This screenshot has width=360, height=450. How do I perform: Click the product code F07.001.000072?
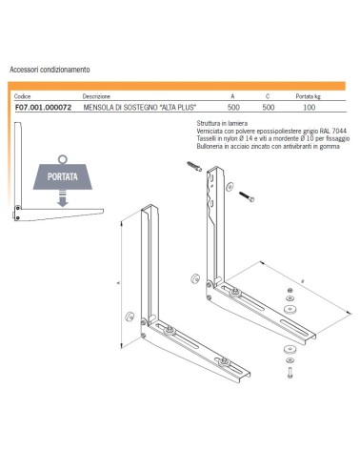[43, 108]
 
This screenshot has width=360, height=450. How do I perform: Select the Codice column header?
[23, 96]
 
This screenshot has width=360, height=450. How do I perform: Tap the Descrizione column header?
[96, 96]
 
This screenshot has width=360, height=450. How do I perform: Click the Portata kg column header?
[308, 96]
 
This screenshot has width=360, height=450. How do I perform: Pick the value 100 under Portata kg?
[309, 108]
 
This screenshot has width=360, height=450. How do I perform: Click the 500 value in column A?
[233, 108]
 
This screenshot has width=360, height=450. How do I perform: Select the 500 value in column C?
[269, 108]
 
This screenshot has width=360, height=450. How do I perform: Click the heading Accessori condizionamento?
[50, 70]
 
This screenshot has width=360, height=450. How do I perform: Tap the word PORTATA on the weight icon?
[63, 176]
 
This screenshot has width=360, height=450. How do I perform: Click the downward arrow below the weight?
[63, 198]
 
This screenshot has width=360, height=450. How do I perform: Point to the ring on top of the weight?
[63, 159]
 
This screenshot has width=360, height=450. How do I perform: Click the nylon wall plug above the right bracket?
[194, 166]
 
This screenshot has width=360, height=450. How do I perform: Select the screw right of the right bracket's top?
[247, 196]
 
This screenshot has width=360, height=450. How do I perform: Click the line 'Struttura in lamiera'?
[222, 123]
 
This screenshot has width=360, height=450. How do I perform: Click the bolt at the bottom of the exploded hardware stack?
[290, 373]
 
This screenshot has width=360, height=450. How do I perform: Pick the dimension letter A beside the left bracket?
[119, 282]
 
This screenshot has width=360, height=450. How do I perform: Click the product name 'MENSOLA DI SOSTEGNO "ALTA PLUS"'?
[140, 108]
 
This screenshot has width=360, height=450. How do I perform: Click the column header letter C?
[268, 96]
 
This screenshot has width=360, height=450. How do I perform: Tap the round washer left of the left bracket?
[130, 317]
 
